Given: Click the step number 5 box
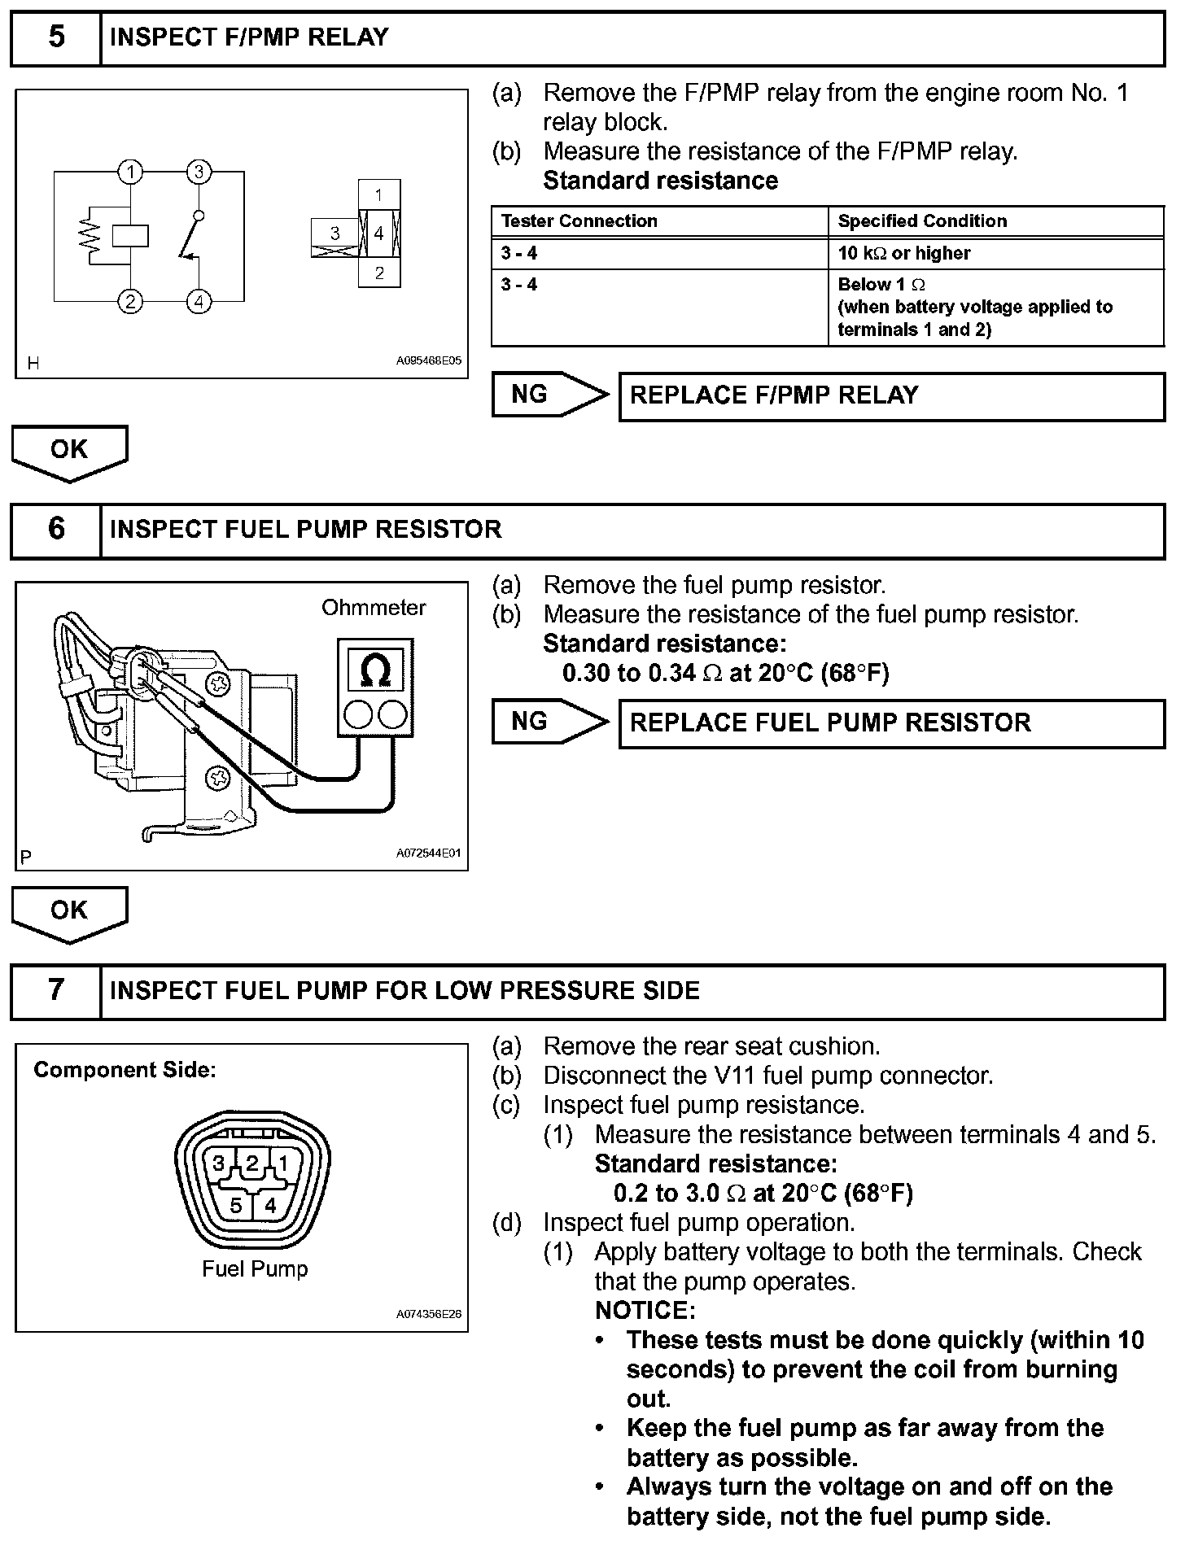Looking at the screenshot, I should (55, 37).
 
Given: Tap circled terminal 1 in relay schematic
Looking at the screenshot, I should (130, 172).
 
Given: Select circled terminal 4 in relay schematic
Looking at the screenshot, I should (199, 301).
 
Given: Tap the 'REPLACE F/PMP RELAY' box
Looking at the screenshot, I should (891, 396).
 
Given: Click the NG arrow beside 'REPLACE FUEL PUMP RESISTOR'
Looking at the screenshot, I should (550, 722).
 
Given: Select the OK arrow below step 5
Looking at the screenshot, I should (69, 452).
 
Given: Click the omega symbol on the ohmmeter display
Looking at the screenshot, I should (375, 670).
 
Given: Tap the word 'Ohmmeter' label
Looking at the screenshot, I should (374, 608).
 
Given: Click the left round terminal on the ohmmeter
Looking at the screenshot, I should (357, 715).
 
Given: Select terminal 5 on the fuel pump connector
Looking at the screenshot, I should (236, 1205).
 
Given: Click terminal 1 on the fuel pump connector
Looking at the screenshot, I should (282, 1164).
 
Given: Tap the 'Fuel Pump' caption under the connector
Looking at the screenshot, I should (255, 1269).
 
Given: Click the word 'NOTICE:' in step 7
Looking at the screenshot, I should (645, 1311).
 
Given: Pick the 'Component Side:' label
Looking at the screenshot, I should (125, 1071).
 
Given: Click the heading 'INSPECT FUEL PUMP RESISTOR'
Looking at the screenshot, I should (305, 530).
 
